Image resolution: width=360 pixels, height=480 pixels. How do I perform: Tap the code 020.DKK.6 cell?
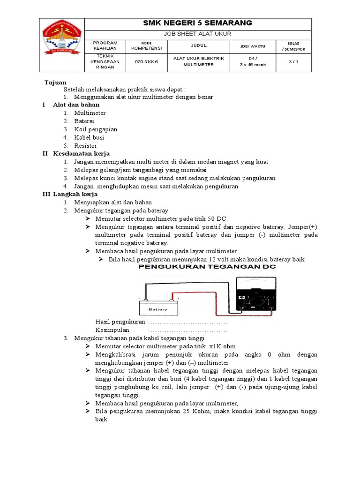147,61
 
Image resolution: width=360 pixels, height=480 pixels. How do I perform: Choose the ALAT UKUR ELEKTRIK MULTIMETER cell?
199,61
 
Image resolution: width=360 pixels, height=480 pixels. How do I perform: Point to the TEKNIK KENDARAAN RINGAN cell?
105,62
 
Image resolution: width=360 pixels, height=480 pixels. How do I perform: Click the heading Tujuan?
55,82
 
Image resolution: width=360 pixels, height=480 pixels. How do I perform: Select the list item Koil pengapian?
96,129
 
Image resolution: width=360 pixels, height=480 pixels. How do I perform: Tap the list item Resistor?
85,146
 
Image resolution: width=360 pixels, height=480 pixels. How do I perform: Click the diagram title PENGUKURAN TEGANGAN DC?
206,267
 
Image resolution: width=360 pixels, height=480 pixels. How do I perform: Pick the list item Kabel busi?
89,138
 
